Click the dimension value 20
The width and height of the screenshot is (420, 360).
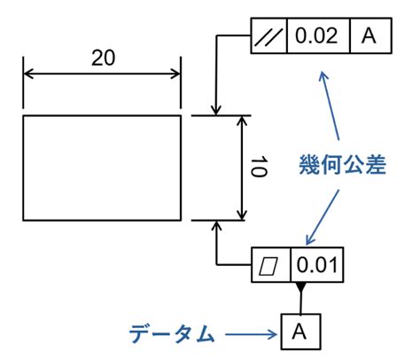[103, 58]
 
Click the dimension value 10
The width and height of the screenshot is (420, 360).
[259, 167]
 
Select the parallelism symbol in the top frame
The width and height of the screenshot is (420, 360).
[268, 36]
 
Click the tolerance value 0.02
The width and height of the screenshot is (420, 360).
[316, 35]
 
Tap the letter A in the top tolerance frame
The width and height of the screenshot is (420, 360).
[369, 35]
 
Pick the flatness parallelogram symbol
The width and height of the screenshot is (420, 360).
[268, 265]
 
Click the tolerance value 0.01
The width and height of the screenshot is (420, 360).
[316, 265]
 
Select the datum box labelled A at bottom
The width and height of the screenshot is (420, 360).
[300, 332]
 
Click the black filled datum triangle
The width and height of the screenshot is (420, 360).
[300, 286]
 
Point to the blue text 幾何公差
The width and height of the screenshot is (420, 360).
[343, 164]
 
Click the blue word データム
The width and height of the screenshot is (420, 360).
[172, 334]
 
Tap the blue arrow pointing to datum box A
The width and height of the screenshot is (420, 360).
[252, 334]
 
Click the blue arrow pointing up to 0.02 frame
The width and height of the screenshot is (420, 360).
[330, 106]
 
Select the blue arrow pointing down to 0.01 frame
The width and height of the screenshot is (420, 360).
[323, 217]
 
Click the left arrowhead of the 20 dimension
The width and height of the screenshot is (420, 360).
[28, 74]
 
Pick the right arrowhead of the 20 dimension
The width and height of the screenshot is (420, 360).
[175, 74]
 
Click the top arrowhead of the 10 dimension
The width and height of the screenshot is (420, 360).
[242, 121]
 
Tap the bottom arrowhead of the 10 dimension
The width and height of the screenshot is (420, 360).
[242, 215]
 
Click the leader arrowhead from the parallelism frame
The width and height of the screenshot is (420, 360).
[216, 110]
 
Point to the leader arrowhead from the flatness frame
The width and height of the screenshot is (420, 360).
[217, 226]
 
